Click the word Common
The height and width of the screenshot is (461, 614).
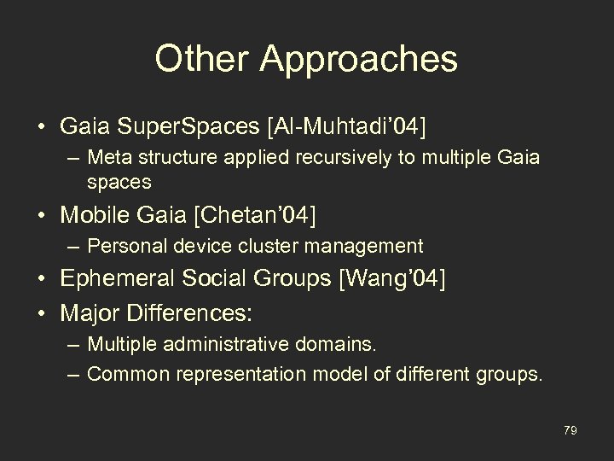[x=119, y=372]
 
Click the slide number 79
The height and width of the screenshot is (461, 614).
[x=571, y=431]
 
